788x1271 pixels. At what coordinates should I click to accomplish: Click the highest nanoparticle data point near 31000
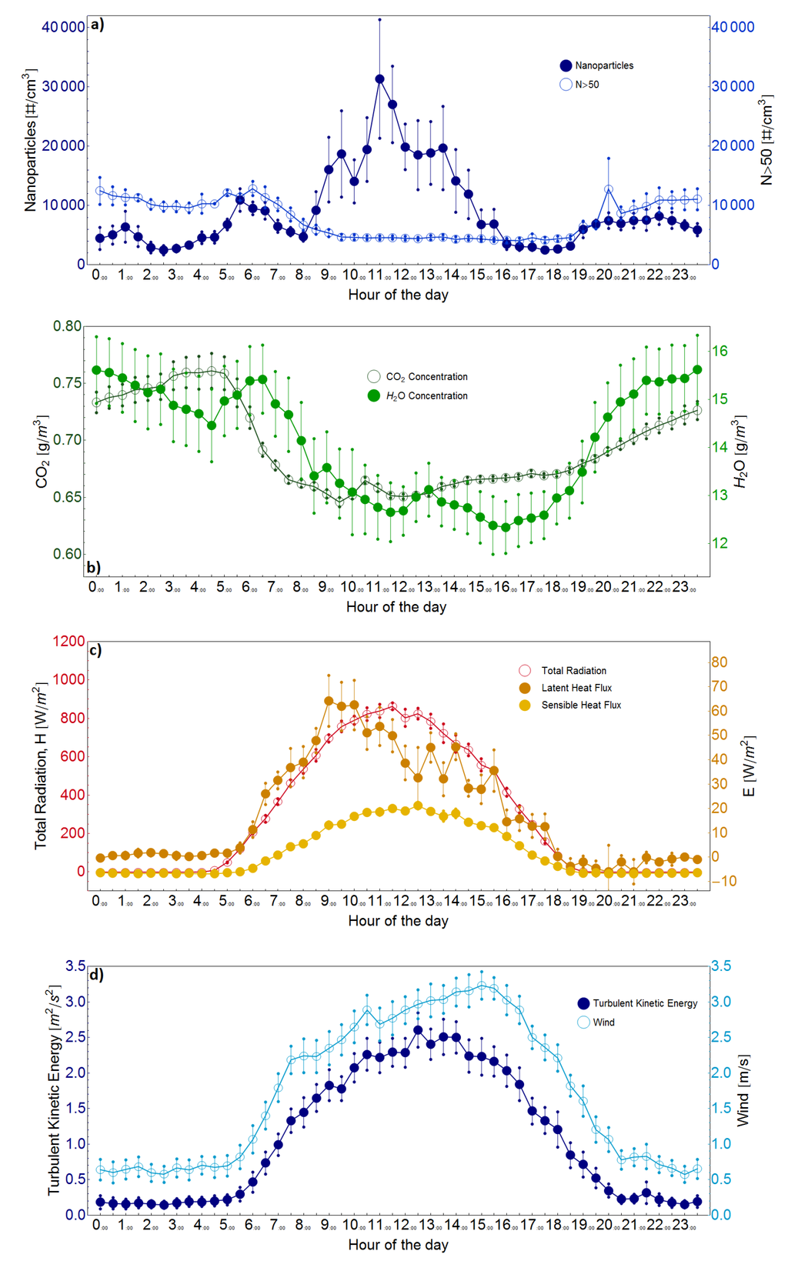pyautogui.click(x=379, y=79)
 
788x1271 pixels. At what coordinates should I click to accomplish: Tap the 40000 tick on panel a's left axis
pyautogui.click(x=64, y=27)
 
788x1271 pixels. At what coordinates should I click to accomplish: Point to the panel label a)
pyautogui.click(x=97, y=25)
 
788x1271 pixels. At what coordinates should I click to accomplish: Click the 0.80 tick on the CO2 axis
pyautogui.click(x=67, y=326)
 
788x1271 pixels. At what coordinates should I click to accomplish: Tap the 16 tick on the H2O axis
pyautogui.click(x=720, y=352)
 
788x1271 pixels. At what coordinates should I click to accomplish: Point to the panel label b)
pyautogui.click(x=94, y=567)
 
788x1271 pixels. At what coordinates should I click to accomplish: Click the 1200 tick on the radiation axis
pyautogui.click(x=68, y=642)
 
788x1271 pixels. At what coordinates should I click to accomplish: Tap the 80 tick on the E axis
pyautogui.click(x=720, y=662)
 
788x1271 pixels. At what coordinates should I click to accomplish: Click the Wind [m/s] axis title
pyautogui.click(x=743, y=1090)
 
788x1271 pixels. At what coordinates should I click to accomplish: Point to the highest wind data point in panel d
pyautogui.click(x=482, y=986)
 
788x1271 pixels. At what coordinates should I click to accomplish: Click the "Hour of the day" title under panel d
pyautogui.click(x=398, y=1245)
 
